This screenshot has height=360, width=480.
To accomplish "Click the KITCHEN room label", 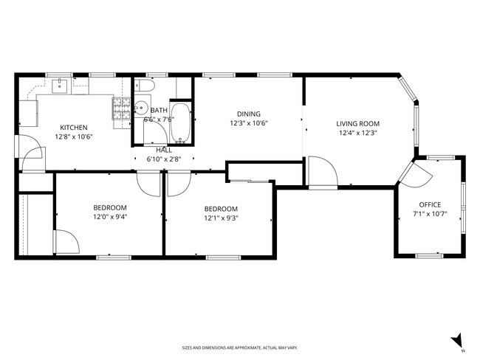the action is click(x=73, y=128).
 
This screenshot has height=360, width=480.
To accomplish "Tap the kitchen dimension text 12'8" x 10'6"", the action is click(x=74, y=136).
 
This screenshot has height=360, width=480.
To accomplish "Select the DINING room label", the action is click(x=249, y=114).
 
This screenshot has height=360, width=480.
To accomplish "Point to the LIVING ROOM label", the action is click(x=358, y=124).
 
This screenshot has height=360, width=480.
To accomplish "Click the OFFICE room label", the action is click(x=430, y=204).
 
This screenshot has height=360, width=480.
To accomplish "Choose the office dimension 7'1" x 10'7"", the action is click(x=430, y=214).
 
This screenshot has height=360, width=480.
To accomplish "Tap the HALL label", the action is click(x=164, y=150).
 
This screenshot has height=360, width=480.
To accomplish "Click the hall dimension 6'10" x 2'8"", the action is click(x=164, y=159).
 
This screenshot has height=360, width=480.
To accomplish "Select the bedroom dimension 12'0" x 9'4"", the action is click(x=110, y=217).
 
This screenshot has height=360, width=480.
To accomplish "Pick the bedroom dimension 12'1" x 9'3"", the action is click(x=221, y=218).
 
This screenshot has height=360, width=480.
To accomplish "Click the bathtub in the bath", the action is click(x=180, y=123).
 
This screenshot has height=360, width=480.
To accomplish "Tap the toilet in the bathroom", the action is click(x=145, y=86).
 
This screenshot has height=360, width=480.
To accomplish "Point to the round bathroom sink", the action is click(x=141, y=108).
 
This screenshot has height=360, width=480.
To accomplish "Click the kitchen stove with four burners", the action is click(x=122, y=108).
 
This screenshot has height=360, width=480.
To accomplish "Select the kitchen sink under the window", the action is click(x=59, y=86).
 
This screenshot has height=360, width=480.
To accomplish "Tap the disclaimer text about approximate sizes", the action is click(x=240, y=347).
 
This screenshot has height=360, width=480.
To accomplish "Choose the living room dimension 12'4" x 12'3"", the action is click(x=358, y=133).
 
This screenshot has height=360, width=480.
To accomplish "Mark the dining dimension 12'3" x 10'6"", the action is click(x=249, y=123).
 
